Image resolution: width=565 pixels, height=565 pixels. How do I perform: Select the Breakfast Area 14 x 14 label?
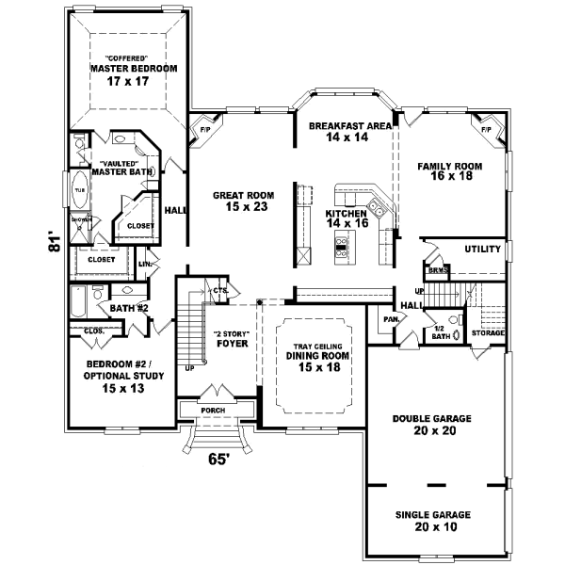coord(343,132)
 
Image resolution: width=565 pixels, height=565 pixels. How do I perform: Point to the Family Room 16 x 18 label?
coord(449,171)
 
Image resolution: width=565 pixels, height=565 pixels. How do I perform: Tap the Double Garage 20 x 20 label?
coord(433,424)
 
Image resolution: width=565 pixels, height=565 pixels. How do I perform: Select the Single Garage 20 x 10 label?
coord(433,521)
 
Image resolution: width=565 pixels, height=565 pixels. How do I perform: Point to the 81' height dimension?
coord(56,242)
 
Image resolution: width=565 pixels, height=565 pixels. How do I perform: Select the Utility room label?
coord(480,250)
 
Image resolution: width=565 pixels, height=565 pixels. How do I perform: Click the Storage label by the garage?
coord(488,333)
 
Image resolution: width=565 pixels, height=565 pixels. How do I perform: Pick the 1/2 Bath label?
coord(440,331)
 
